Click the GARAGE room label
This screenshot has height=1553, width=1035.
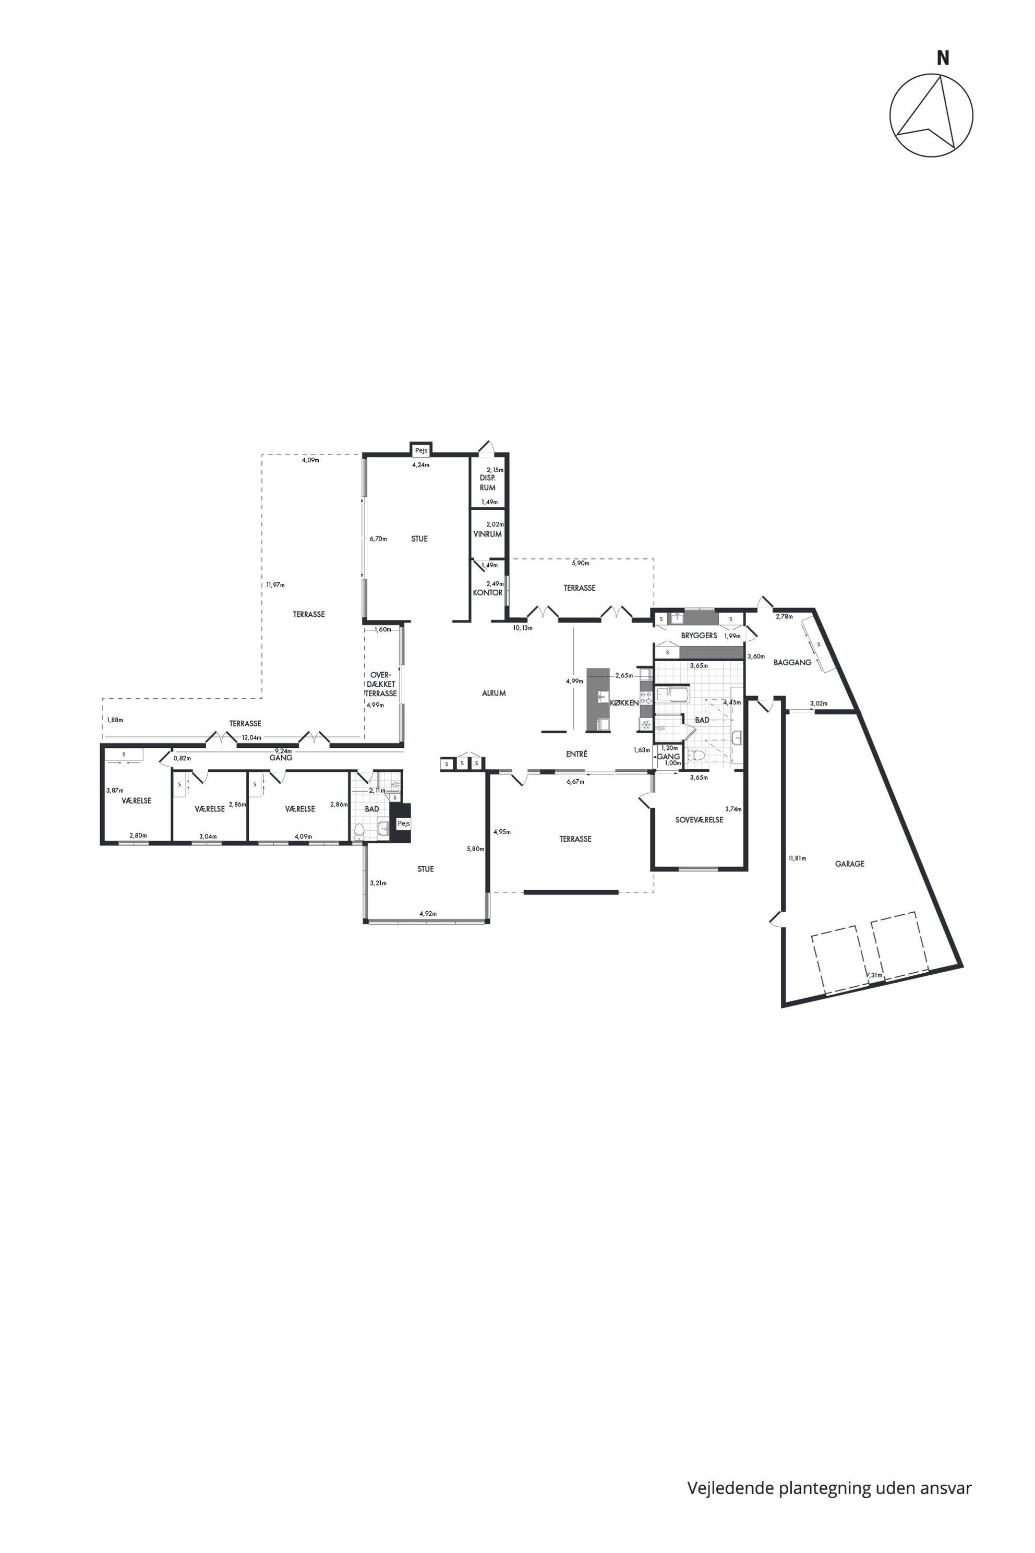(849, 864)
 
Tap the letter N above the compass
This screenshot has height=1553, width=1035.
(943, 58)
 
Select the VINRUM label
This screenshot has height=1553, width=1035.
(487, 534)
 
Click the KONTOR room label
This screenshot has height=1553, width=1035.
(487, 592)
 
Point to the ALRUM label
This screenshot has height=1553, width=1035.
(494, 694)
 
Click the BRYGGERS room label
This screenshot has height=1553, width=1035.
(699, 635)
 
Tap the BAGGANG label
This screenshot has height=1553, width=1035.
(792, 662)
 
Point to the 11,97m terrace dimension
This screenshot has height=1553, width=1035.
(275, 585)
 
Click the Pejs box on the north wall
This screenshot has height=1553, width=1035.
(420, 450)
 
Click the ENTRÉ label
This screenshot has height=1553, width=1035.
(576, 754)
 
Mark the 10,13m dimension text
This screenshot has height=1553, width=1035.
(523, 628)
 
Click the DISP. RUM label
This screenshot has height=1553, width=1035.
(488, 482)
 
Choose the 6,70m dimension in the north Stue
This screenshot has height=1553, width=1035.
(378, 539)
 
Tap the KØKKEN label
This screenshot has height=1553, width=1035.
(624, 703)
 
